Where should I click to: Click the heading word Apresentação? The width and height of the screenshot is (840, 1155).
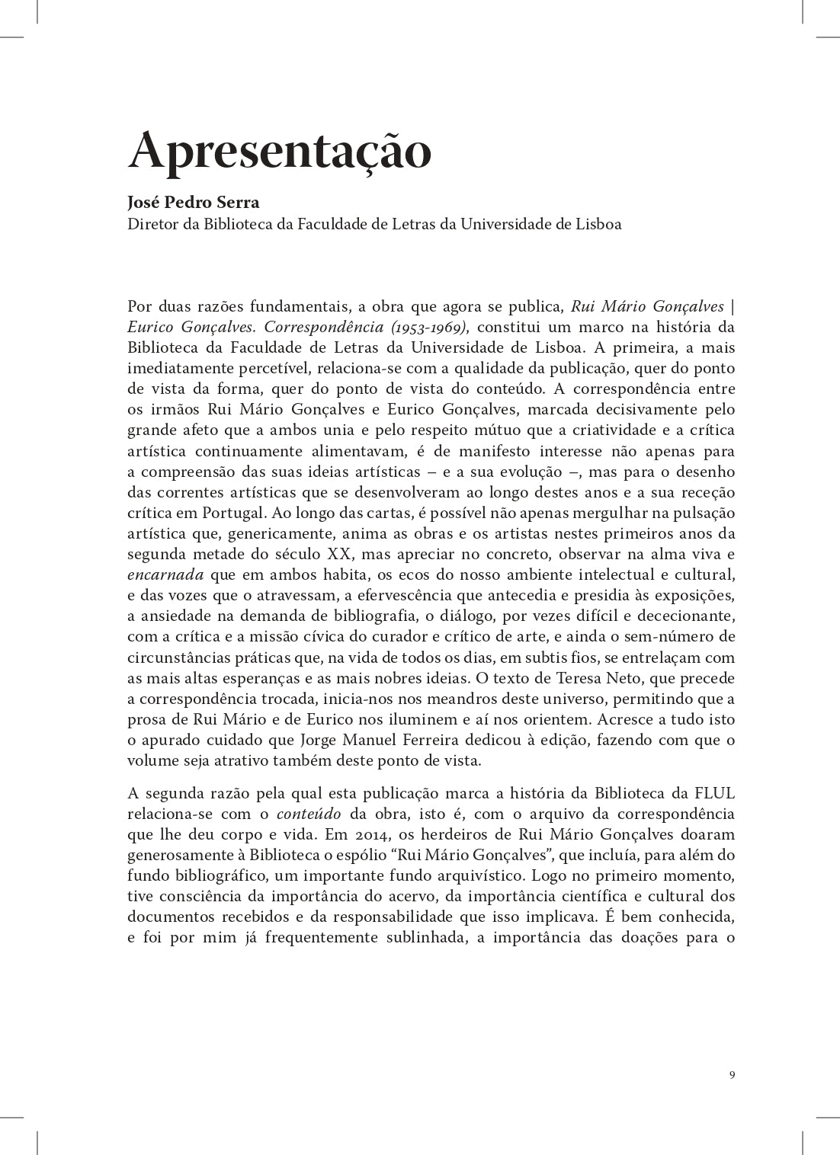click(x=279, y=151)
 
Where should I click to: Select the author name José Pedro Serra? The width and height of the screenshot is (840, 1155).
click(x=194, y=203)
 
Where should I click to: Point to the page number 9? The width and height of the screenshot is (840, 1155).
click(x=732, y=1074)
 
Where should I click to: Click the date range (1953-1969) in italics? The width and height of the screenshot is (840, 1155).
click(x=428, y=327)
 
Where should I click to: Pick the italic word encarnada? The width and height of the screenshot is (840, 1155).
click(x=165, y=574)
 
